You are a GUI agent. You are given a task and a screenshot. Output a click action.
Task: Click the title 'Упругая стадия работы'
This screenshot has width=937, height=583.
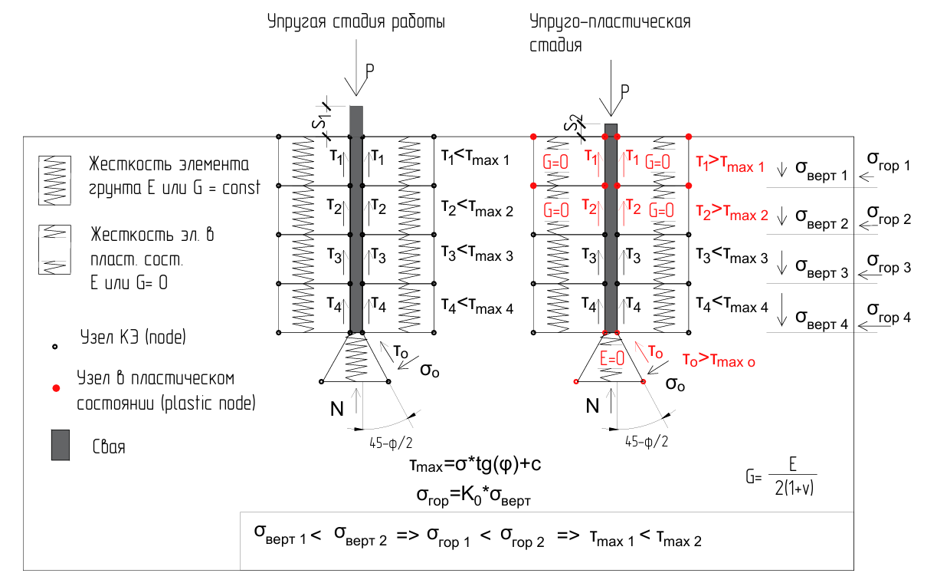356,21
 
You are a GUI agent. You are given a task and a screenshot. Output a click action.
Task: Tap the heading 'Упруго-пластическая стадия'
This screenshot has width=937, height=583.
610,33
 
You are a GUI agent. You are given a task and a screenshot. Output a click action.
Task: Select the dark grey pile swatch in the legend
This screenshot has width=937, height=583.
61,445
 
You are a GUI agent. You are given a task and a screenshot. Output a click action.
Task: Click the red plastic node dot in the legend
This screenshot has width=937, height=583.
56,388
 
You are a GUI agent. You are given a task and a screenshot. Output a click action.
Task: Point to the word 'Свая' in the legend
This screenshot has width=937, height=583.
109,447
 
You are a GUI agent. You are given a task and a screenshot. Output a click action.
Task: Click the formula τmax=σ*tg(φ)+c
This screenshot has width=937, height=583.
475,464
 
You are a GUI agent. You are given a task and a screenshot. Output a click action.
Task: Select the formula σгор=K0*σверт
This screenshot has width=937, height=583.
473,496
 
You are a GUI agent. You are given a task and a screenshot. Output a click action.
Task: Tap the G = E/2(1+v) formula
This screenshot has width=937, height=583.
781,476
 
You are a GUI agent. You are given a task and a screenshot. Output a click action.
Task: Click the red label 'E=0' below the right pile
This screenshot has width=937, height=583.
612,358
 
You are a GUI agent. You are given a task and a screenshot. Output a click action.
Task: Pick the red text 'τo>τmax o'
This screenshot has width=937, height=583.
719,360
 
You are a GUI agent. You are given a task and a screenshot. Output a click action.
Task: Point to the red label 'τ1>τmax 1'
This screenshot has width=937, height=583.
730,163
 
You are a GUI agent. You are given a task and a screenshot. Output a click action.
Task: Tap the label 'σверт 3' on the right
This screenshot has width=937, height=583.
821,268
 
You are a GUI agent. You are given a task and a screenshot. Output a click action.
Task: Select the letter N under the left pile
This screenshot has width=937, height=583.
337,409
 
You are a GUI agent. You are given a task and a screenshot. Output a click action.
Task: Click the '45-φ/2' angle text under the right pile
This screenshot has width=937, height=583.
647,441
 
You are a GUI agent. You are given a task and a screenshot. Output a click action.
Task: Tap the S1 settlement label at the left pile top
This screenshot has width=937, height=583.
319,120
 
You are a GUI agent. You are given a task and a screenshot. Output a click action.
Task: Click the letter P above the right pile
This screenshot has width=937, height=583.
624,91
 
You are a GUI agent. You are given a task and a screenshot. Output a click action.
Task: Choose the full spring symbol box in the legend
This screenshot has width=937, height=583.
55,180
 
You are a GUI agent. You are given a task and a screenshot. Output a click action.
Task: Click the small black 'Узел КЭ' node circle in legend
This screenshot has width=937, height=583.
55,347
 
